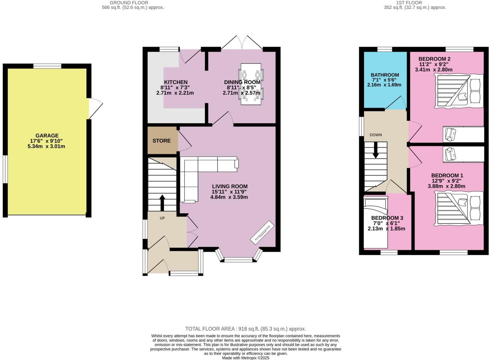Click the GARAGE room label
[47, 135]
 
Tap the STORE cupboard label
[161, 141]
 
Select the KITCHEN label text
[176, 82]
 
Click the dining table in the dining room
[251, 84]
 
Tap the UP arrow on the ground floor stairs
[162, 203]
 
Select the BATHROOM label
[385, 75]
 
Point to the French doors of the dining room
[242, 43]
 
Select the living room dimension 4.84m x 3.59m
[229, 197]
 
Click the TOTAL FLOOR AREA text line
[246, 328]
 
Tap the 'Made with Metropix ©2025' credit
[246, 358]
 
